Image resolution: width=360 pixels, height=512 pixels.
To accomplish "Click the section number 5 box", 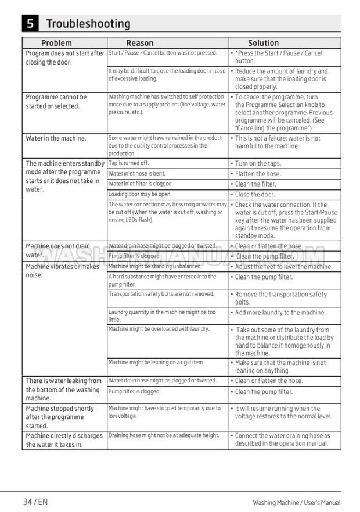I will click(30, 24).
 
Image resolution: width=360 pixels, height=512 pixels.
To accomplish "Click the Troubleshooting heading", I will click(88, 24).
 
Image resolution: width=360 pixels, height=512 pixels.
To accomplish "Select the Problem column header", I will click(56, 43).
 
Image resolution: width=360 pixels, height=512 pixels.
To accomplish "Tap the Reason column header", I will click(140, 43).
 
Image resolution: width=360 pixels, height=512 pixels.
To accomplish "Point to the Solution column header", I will click(263, 43).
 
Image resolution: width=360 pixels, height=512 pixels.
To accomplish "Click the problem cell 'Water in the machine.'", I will click(56, 138).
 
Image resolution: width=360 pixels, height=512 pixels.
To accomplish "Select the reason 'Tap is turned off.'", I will click(129, 163).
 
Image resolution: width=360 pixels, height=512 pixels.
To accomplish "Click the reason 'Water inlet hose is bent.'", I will click(137, 174).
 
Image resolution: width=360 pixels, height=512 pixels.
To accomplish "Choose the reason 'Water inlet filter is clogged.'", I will click(141, 184).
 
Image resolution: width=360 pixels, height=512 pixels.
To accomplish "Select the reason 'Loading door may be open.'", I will click(140, 195).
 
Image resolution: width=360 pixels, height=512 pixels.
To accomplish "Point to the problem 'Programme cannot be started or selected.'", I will click(56, 102).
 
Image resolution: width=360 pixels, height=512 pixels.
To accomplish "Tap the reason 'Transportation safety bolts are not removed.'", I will click(161, 295).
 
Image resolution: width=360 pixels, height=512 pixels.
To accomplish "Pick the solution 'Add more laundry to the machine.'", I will click(280, 313).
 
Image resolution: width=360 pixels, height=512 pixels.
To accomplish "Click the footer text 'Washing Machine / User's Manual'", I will click(296, 503).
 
